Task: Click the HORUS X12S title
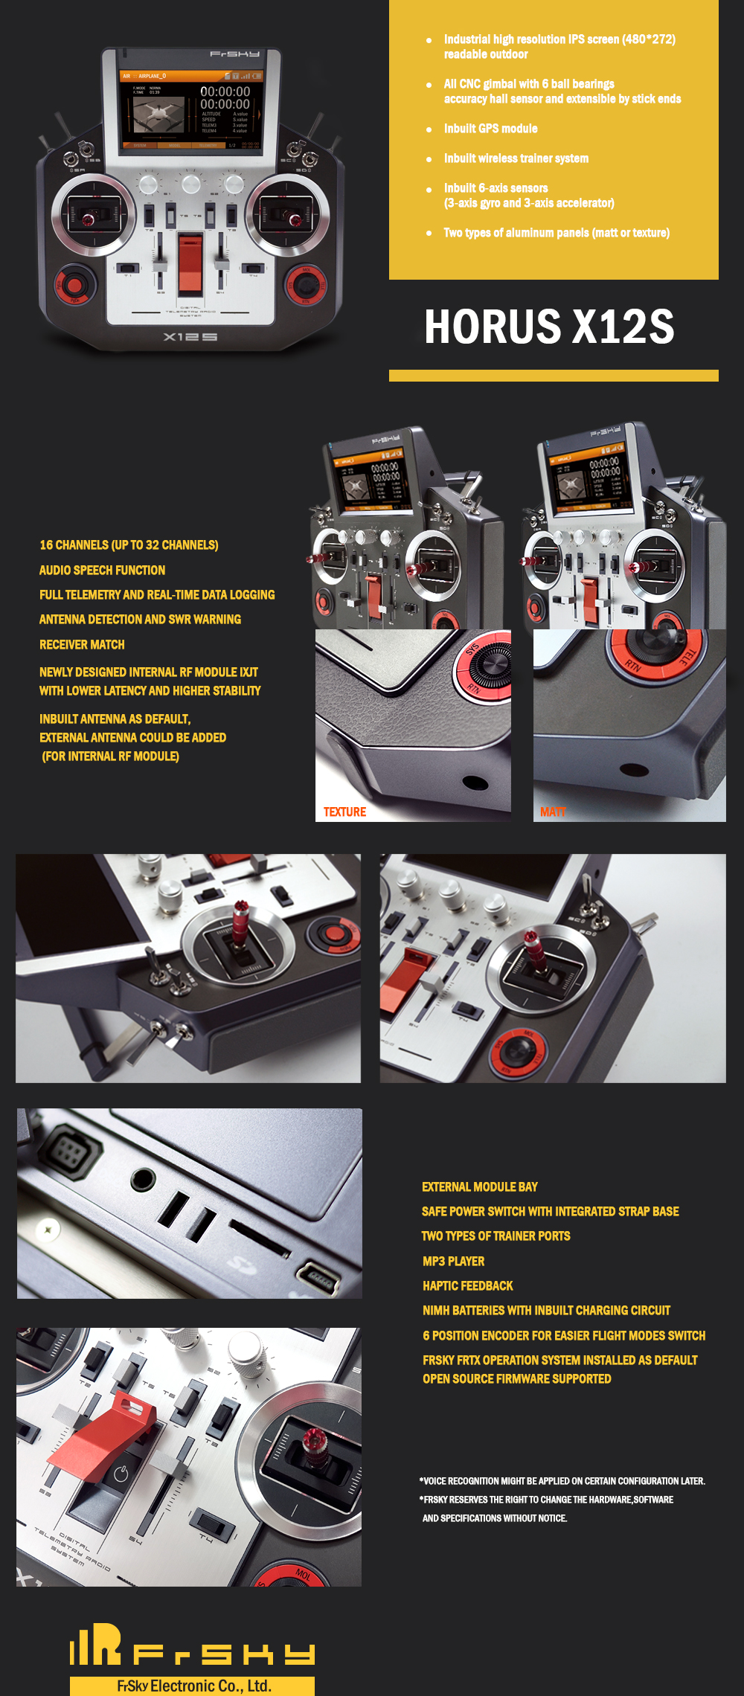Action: (x=549, y=327)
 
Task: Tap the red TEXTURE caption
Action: (x=344, y=812)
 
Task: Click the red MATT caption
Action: (x=553, y=812)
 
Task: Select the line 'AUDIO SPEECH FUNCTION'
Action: (x=103, y=571)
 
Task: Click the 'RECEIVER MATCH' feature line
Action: (x=82, y=645)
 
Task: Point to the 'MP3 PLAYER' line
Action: (x=453, y=1262)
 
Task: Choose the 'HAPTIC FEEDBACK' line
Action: (x=467, y=1286)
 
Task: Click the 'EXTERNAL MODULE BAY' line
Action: (x=479, y=1187)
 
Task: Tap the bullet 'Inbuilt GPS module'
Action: (x=490, y=129)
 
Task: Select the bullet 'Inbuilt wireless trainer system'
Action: (x=516, y=158)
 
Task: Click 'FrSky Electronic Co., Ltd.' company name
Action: (x=193, y=1686)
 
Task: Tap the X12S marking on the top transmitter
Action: (x=190, y=337)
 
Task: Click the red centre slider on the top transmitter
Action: (x=190, y=262)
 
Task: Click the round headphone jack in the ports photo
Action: (x=143, y=1178)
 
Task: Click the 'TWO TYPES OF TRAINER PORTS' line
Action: (x=496, y=1236)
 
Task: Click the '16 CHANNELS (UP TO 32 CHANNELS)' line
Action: (x=129, y=545)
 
